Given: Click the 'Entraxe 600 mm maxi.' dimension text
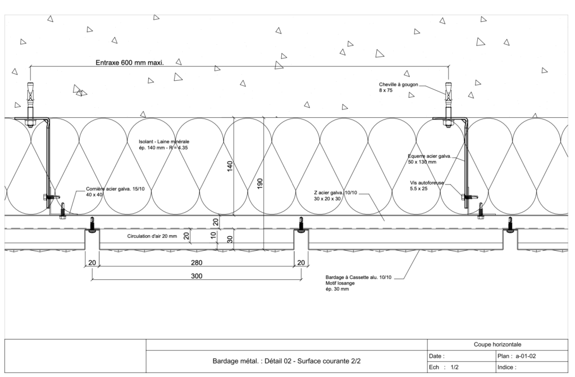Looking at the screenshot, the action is (130, 63).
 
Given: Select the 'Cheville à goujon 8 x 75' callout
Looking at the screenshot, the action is (398, 87).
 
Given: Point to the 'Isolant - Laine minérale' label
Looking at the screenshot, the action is (164, 141).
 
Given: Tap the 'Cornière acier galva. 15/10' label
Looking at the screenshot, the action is (115, 189).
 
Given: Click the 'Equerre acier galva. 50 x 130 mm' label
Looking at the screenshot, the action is (430, 159).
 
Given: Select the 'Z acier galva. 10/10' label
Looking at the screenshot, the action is (335, 193).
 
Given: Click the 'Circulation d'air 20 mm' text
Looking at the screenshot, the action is (152, 236).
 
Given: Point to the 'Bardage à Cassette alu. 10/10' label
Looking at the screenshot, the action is (358, 277).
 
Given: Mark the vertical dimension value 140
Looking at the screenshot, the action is (230, 166).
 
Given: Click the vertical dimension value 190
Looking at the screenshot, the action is (259, 183).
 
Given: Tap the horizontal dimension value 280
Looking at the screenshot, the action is (197, 263).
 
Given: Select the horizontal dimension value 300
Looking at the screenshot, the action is (197, 276).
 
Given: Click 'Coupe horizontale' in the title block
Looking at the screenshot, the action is (498, 344).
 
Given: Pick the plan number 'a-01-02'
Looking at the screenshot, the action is (526, 356).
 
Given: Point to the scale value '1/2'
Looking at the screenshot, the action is (454, 367).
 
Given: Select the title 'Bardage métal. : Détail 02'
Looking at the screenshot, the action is (252, 361).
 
